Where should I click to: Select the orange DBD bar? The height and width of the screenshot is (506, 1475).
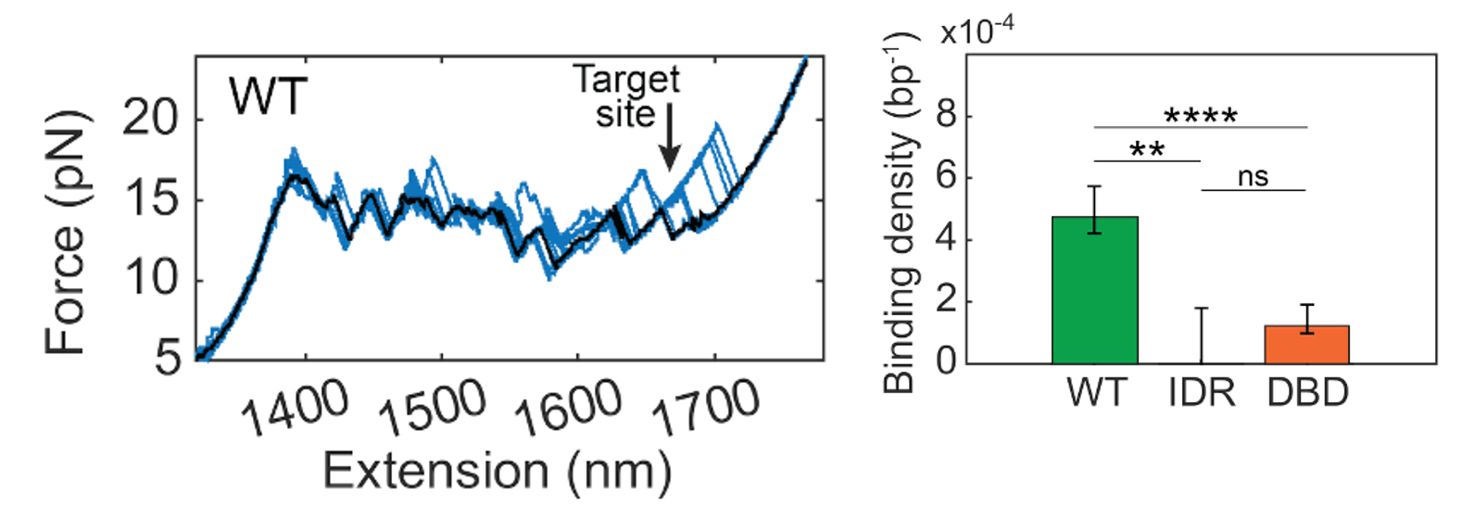(1306, 344)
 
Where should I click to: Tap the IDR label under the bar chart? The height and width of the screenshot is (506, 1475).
(1202, 394)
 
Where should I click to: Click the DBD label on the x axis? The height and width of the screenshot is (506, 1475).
(1307, 394)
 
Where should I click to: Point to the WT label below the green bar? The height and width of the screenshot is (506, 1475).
(1096, 394)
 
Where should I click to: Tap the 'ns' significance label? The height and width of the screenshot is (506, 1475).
(1253, 177)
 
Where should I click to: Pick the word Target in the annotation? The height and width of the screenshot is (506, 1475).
(626, 80)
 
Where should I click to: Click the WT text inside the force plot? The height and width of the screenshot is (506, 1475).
(269, 95)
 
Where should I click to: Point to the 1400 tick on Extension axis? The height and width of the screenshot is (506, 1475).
(294, 408)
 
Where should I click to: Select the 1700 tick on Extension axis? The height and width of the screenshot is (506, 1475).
(705, 408)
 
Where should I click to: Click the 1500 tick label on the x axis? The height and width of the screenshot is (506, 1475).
(431, 408)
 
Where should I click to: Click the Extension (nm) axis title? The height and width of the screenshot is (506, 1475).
(497, 471)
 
